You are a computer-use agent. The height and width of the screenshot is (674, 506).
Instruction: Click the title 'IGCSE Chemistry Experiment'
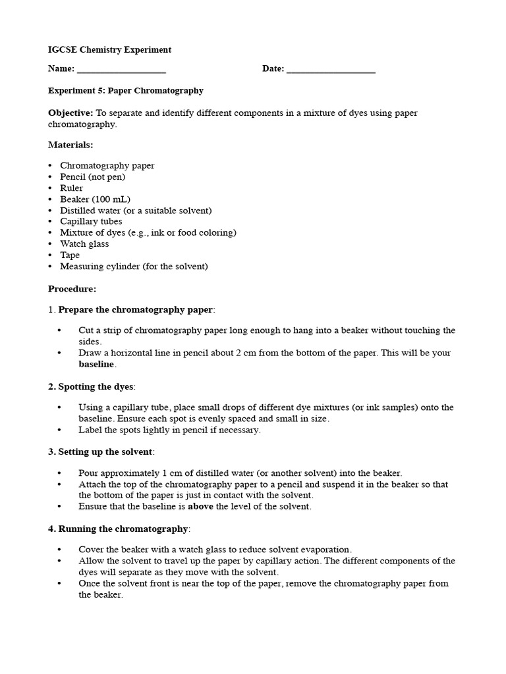109,49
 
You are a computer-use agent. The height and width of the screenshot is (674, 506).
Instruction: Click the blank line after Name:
121,70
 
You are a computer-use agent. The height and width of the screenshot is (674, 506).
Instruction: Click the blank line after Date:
331,70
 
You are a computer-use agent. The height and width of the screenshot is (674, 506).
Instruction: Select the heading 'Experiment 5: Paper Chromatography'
125,91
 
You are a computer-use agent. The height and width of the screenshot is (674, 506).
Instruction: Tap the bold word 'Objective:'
70,113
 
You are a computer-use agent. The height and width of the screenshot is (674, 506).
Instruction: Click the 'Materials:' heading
70,144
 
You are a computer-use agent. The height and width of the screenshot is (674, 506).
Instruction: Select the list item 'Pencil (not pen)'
92,177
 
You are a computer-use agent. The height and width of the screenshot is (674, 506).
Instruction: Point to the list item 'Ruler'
71,188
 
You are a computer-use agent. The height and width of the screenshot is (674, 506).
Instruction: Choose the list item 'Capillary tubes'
91,222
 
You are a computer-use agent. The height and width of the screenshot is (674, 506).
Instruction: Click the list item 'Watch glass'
84,244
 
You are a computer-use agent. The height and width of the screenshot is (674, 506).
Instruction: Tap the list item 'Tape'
70,255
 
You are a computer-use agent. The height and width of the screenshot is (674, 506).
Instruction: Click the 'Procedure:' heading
72,288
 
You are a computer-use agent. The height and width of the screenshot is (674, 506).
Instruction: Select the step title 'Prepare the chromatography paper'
136,310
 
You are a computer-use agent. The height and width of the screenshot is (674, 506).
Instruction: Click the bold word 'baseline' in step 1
96,364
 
